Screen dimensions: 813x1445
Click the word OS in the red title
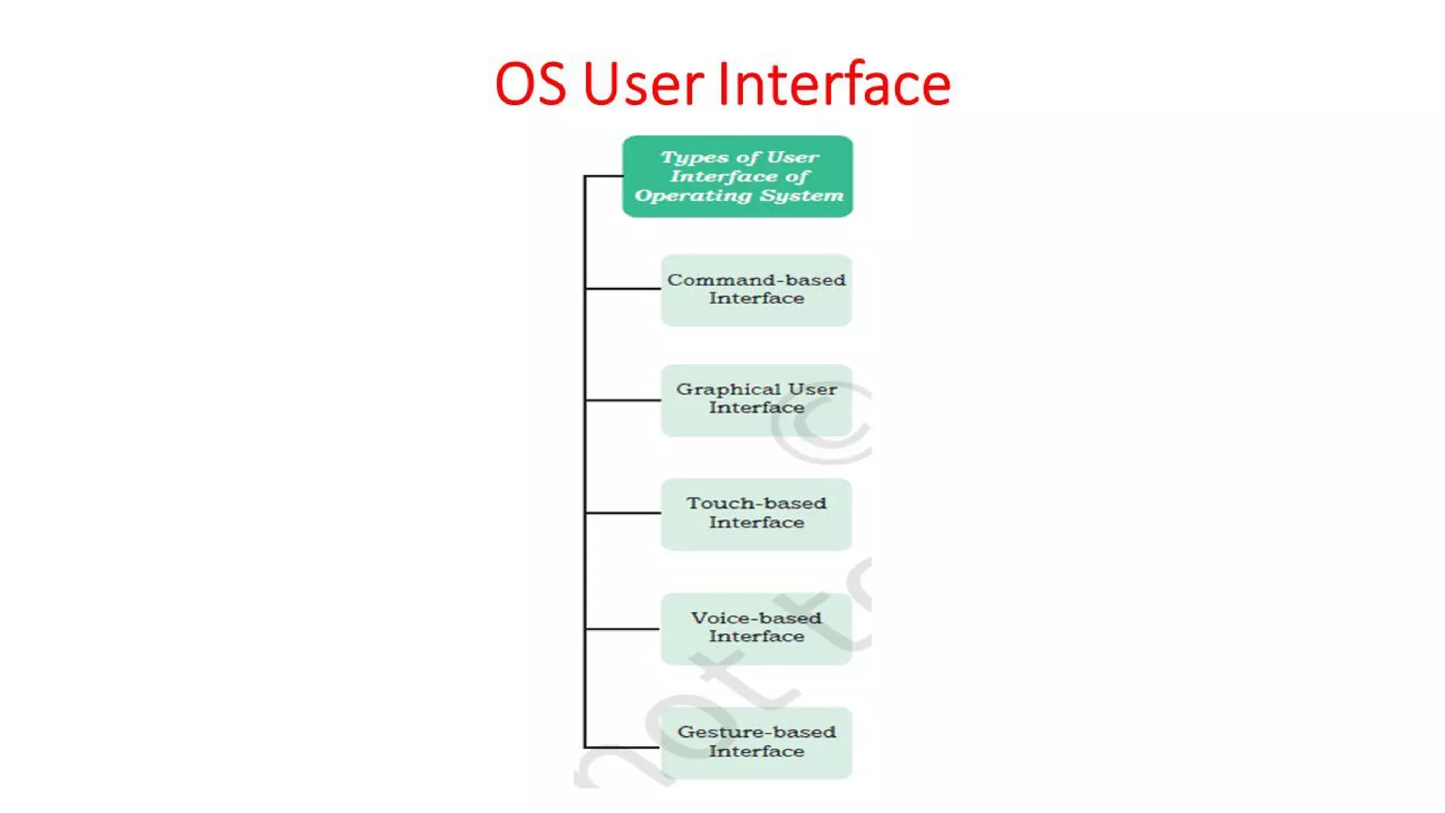[531, 85]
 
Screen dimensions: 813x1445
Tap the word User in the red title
[643, 85]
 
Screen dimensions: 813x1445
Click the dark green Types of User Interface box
[737, 176]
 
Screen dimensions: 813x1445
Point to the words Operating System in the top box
[739, 195]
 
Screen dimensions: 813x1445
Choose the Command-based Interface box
[756, 290]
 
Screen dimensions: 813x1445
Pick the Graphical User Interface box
[756, 400]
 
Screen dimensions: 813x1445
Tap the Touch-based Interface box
[756, 514]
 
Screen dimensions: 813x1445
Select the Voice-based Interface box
[756, 628]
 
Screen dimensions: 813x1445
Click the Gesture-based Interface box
[756, 742]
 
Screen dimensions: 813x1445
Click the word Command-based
[756, 280]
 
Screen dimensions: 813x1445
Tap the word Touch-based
[756, 503]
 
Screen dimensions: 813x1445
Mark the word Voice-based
[756, 618]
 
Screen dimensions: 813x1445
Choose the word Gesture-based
[756, 733]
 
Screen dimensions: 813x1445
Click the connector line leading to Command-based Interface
[622, 289]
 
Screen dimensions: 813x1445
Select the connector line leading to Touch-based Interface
[622, 512]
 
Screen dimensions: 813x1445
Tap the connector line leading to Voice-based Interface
[622, 628]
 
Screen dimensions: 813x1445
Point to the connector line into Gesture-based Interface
[622, 747]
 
